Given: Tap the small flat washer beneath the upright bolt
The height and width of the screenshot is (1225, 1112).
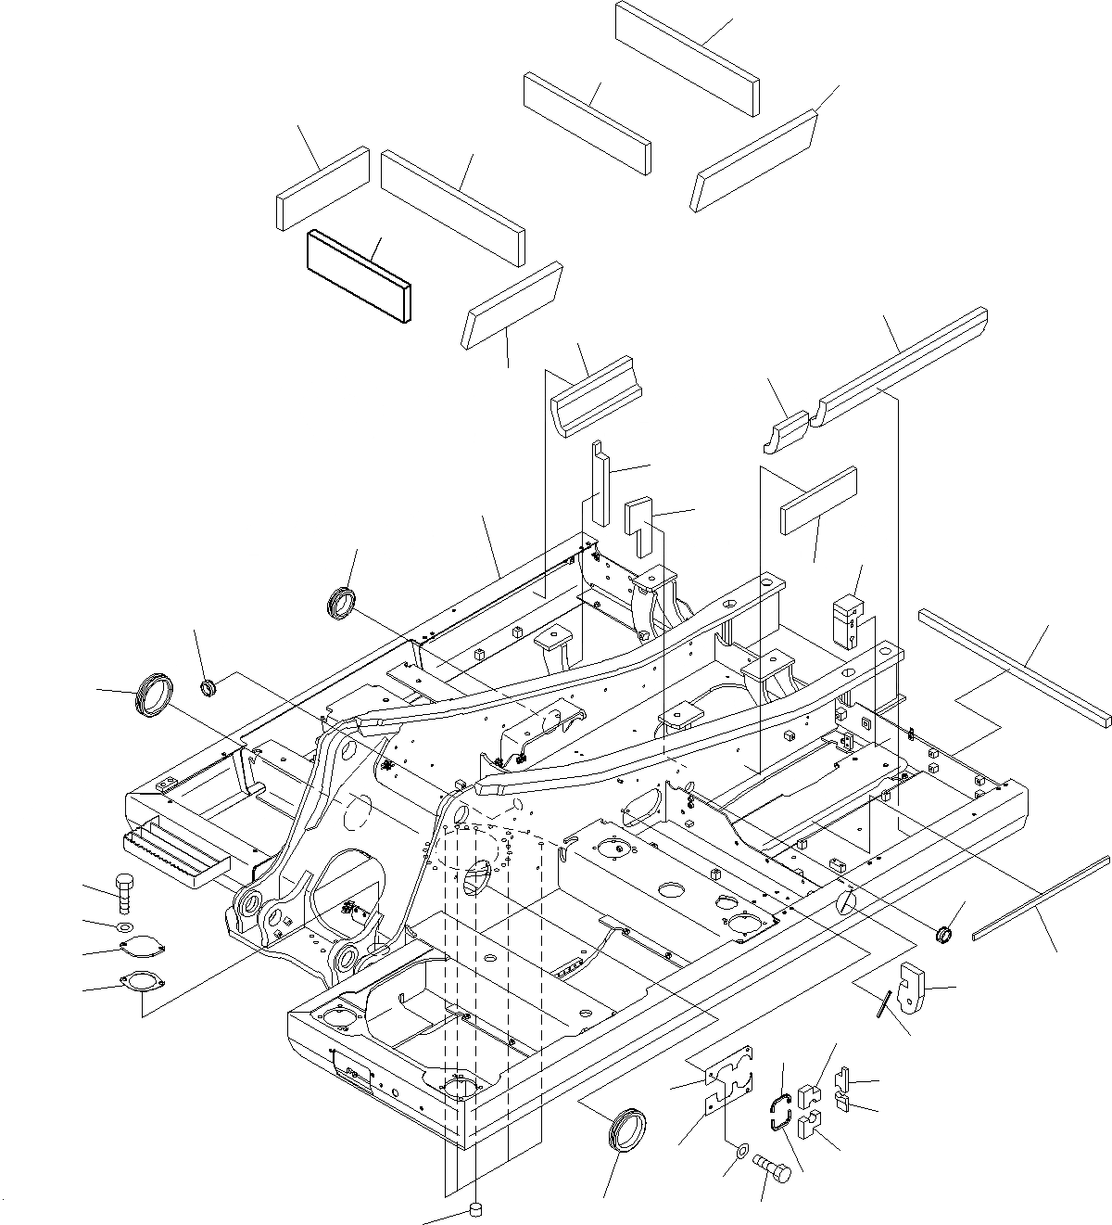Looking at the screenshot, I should [124, 927].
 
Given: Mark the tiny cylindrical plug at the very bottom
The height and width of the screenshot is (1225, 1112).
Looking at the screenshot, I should [476, 1208].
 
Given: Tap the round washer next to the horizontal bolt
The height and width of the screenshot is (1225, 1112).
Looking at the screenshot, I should [741, 1152].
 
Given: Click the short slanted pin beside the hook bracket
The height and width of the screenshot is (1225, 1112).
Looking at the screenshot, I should [886, 1003].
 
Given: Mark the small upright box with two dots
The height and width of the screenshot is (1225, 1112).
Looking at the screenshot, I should [847, 619].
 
